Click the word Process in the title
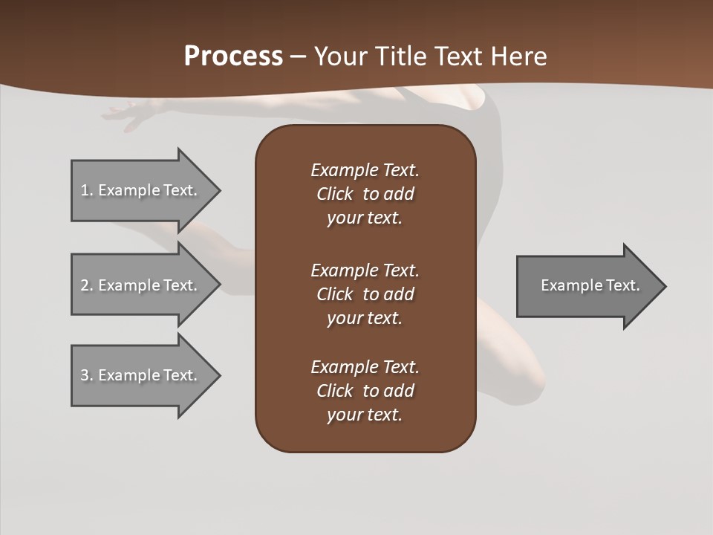[x=233, y=56]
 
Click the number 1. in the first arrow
[x=87, y=190]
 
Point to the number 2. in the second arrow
[x=87, y=285]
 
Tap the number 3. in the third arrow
[x=87, y=375]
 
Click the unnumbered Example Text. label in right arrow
[x=590, y=285]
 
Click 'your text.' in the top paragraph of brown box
[x=364, y=218]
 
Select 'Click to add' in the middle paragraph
[x=365, y=294]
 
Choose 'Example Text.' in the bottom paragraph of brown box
[x=365, y=367]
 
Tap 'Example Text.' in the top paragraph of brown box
[x=365, y=170]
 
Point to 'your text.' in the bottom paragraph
[x=364, y=415]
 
